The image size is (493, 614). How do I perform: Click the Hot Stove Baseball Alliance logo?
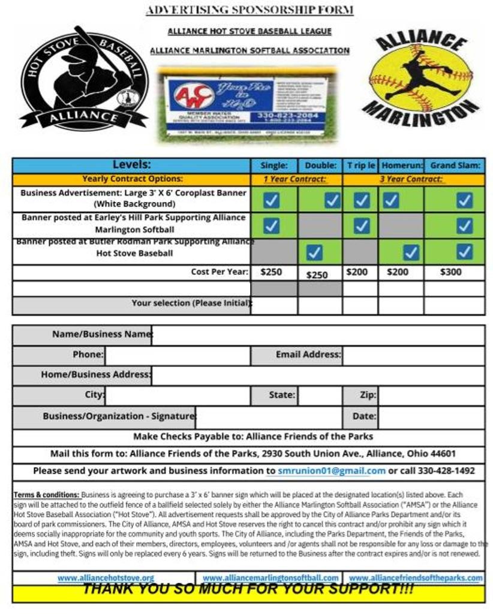84,78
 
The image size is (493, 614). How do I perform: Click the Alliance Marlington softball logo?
422,75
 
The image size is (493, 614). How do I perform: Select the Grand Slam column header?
455,165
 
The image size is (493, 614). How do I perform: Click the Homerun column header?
401,165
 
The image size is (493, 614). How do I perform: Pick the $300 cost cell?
450,272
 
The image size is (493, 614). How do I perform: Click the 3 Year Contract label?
411,179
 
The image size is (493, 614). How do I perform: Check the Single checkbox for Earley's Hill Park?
272,225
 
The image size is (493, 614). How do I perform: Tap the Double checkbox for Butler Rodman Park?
315,252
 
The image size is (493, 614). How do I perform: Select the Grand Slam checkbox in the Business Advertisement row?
464,200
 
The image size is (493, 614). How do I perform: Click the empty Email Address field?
413,355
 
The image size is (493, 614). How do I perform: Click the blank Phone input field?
178,355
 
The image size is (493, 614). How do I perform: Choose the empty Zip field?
431,395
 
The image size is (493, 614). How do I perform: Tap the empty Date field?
431,416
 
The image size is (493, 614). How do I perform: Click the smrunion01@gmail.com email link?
331,471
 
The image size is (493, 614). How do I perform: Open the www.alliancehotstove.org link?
106,578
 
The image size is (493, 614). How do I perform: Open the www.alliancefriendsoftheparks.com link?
415,578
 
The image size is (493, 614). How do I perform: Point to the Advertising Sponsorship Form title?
249,10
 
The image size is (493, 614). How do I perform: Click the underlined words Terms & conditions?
46,495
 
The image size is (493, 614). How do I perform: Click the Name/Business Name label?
101,334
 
